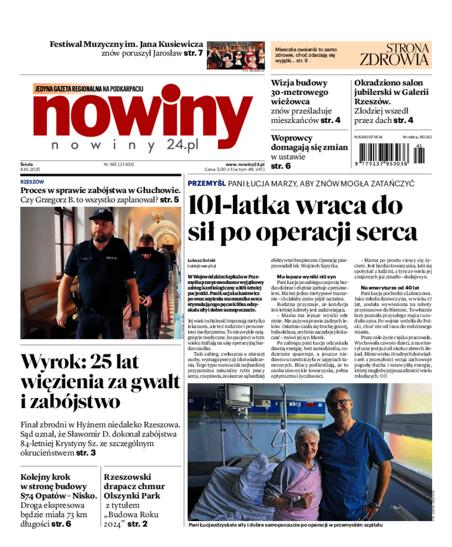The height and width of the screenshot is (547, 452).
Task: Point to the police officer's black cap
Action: (101, 215)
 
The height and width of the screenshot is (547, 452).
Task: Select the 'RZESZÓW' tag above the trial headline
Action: (32, 182)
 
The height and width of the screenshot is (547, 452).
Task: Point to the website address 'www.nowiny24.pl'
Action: (245, 164)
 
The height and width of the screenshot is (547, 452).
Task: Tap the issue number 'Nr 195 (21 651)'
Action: (119, 164)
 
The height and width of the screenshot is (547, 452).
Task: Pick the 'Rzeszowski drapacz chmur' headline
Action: (134, 486)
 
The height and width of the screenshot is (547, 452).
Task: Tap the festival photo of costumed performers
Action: (236, 55)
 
